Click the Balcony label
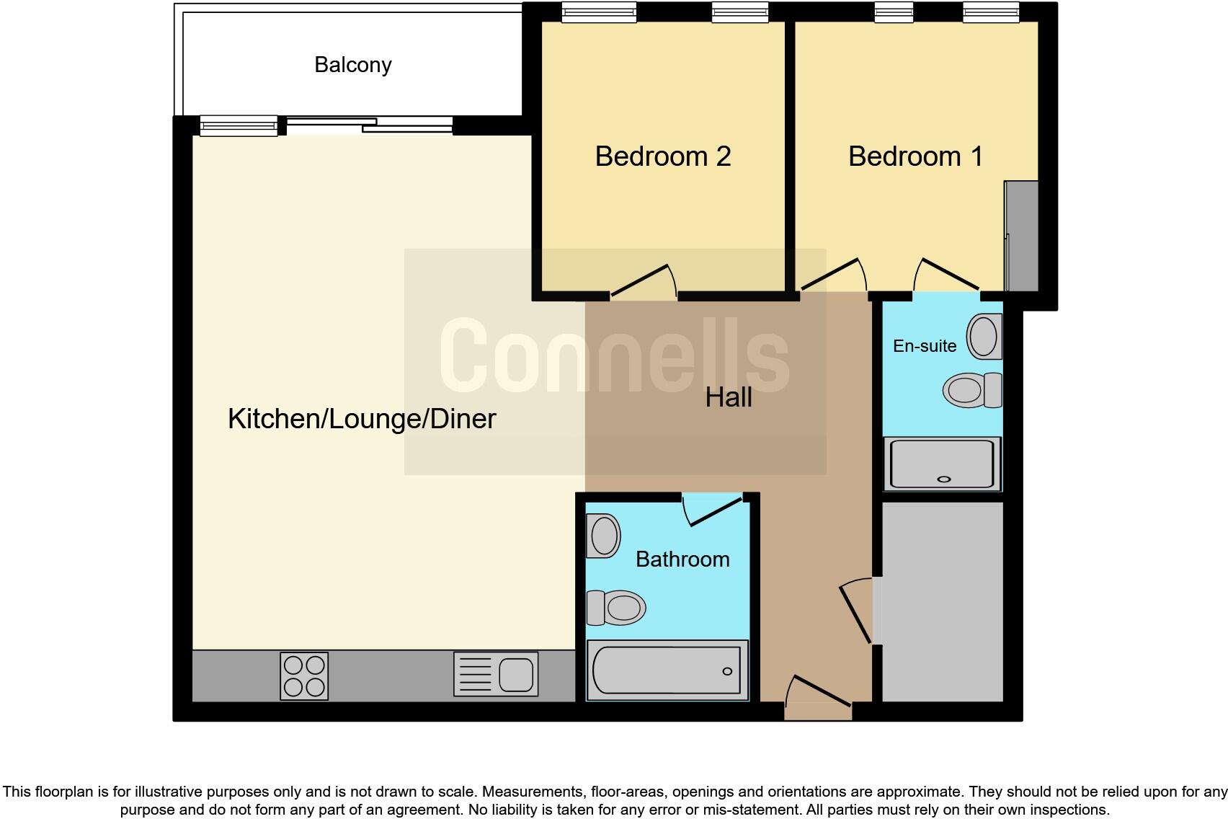coord(352,65)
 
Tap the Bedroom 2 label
coord(663,156)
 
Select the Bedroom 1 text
coord(915,156)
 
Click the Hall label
coord(729,397)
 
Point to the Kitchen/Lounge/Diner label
coord(362,419)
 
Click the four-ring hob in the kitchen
coord(304,676)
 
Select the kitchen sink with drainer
coord(496,674)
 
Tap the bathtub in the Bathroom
coord(667,670)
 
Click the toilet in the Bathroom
coord(617,608)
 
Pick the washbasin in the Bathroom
coord(604,536)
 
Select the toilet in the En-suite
coord(972,390)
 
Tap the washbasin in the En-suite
coord(984,336)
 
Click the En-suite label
coord(925,346)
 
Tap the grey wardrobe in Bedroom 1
coord(1022,236)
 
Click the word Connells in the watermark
coord(614,356)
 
